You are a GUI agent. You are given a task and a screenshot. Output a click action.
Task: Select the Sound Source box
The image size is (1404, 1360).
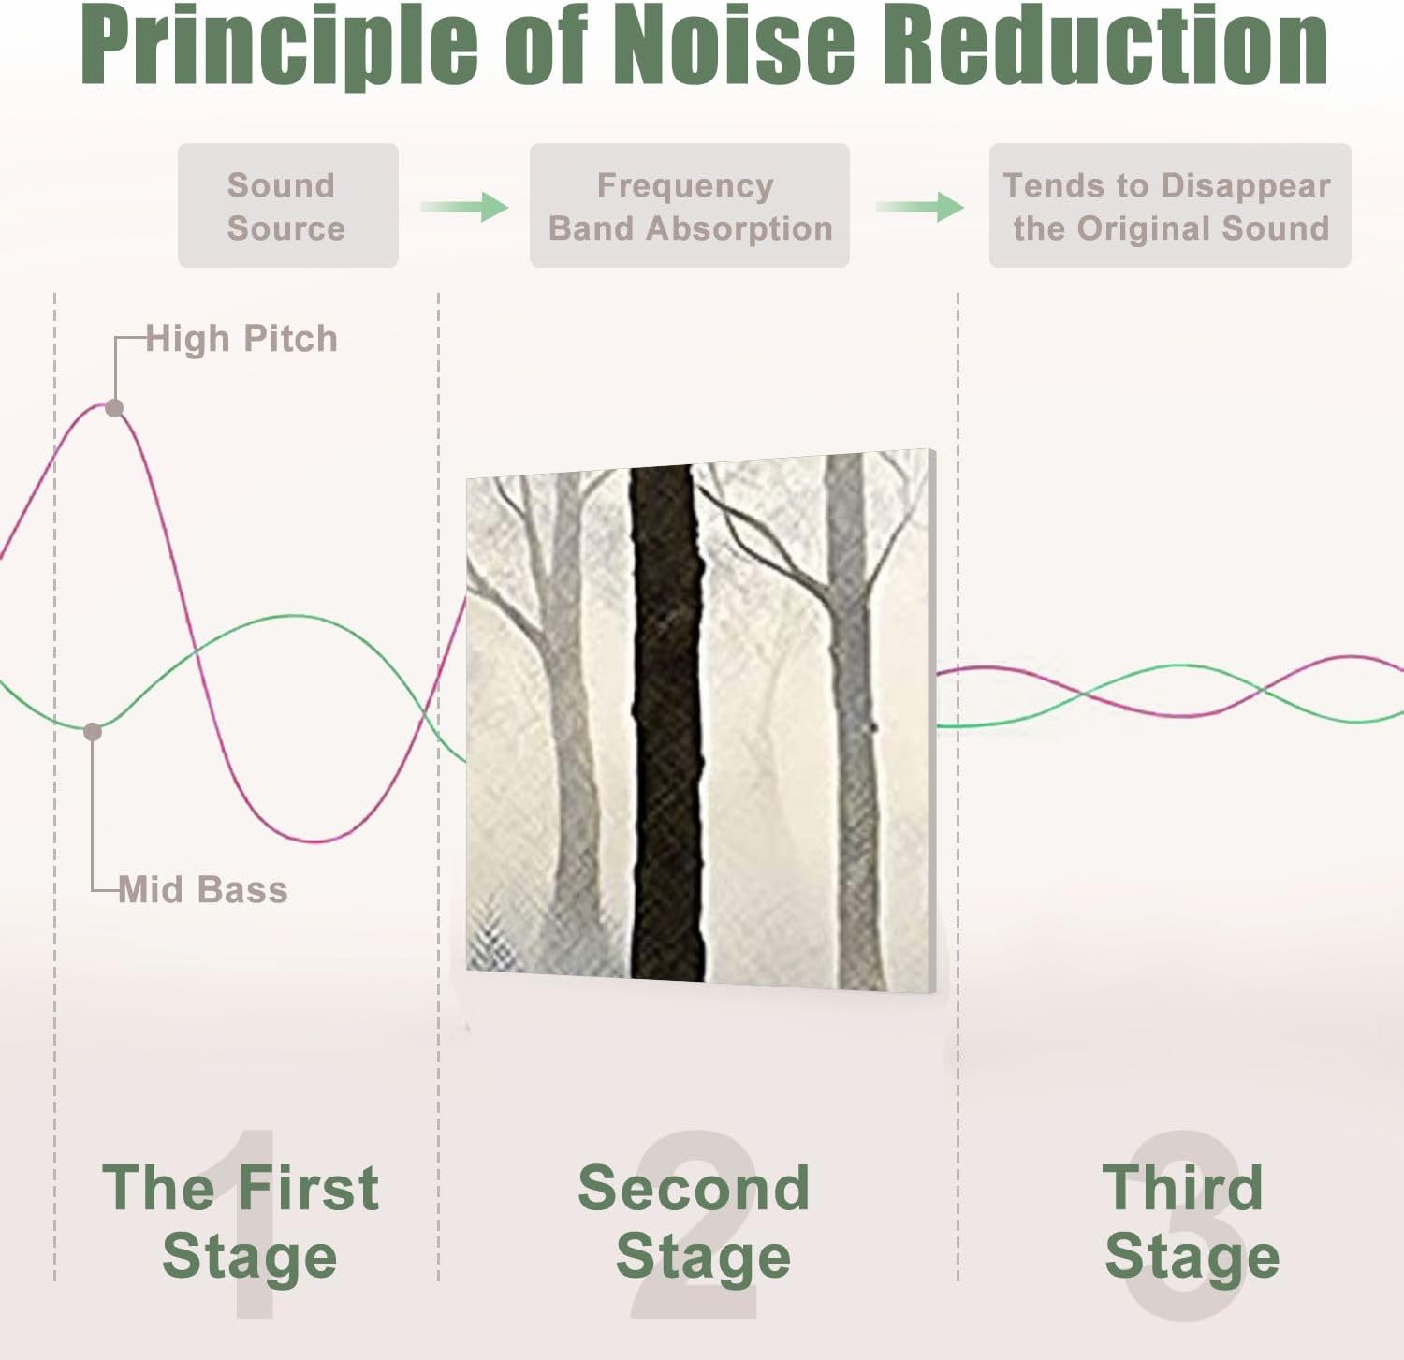click(x=288, y=206)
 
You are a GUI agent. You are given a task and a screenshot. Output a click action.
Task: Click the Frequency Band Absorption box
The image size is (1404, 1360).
click(x=690, y=206)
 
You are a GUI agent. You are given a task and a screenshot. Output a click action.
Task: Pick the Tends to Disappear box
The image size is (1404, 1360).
click(x=1170, y=206)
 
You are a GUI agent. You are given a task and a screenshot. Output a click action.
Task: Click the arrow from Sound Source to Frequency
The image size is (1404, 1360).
click(x=464, y=207)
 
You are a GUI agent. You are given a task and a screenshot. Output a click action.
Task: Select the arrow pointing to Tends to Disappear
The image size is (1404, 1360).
click(x=920, y=207)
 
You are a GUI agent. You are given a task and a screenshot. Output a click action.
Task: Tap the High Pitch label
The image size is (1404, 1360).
click(x=241, y=339)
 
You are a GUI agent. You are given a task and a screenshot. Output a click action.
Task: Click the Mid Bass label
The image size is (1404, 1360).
click(x=203, y=889)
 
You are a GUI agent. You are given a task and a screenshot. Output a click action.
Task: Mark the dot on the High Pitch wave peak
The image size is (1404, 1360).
click(x=114, y=408)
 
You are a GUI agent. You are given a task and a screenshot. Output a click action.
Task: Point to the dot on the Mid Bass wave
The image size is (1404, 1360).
click(x=93, y=732)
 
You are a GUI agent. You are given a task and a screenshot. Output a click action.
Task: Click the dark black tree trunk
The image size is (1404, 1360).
click(x=666, y=723)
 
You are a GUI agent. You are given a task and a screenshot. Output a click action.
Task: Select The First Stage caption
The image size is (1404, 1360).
click(x=241, y=1221)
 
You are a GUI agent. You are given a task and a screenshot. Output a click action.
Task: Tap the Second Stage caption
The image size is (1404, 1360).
click(x=695, y=1221)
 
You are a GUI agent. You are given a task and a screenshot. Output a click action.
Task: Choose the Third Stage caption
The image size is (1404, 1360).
click(x=1191, y=1221)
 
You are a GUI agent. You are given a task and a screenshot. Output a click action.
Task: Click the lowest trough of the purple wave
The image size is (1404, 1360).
click(x=318, y=841)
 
